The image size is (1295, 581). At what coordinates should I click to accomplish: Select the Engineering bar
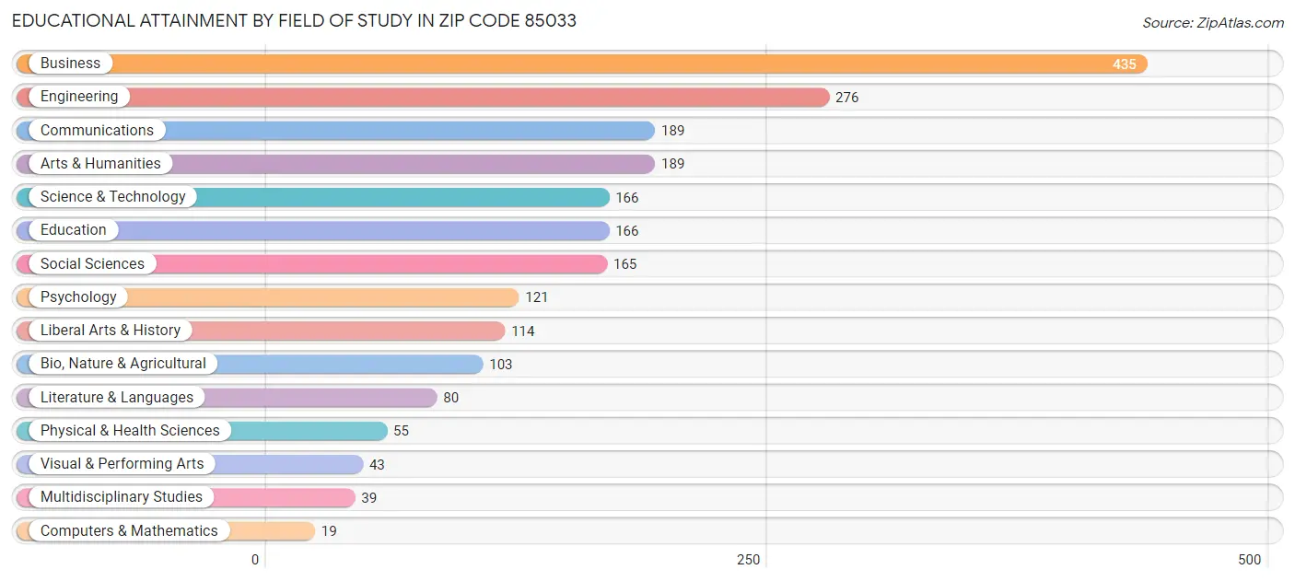point(479,97)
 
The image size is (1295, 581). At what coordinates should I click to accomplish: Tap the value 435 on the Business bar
point(1124,64)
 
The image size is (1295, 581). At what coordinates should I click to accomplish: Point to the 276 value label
point(846,98)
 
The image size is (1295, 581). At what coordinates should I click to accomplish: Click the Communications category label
point(97,131)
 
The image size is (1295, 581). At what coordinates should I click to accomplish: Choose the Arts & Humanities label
point(100,164)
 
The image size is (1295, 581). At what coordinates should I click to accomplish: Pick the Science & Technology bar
point(396,197)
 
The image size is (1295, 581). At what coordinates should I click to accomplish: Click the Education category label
point(73,230)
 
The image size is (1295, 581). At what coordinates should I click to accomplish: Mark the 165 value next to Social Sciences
point(624,264)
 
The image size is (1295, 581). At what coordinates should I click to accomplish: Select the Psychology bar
point(322,297)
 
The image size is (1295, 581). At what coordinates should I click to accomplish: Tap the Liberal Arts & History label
point(111,331)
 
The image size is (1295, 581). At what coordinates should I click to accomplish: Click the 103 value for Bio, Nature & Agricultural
point(500,365)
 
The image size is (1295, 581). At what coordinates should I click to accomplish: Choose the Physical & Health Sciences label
point(130,431)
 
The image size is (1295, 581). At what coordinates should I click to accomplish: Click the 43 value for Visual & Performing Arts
point(377,465)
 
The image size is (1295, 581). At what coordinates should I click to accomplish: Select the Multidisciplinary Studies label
point(121,497)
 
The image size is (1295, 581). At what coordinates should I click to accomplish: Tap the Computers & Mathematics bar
point(267,531)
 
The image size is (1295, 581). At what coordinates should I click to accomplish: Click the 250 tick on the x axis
point(748,560)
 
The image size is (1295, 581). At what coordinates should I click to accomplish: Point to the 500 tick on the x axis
point(1249,560)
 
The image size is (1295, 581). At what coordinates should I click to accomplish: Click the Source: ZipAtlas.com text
point(1213,23)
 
